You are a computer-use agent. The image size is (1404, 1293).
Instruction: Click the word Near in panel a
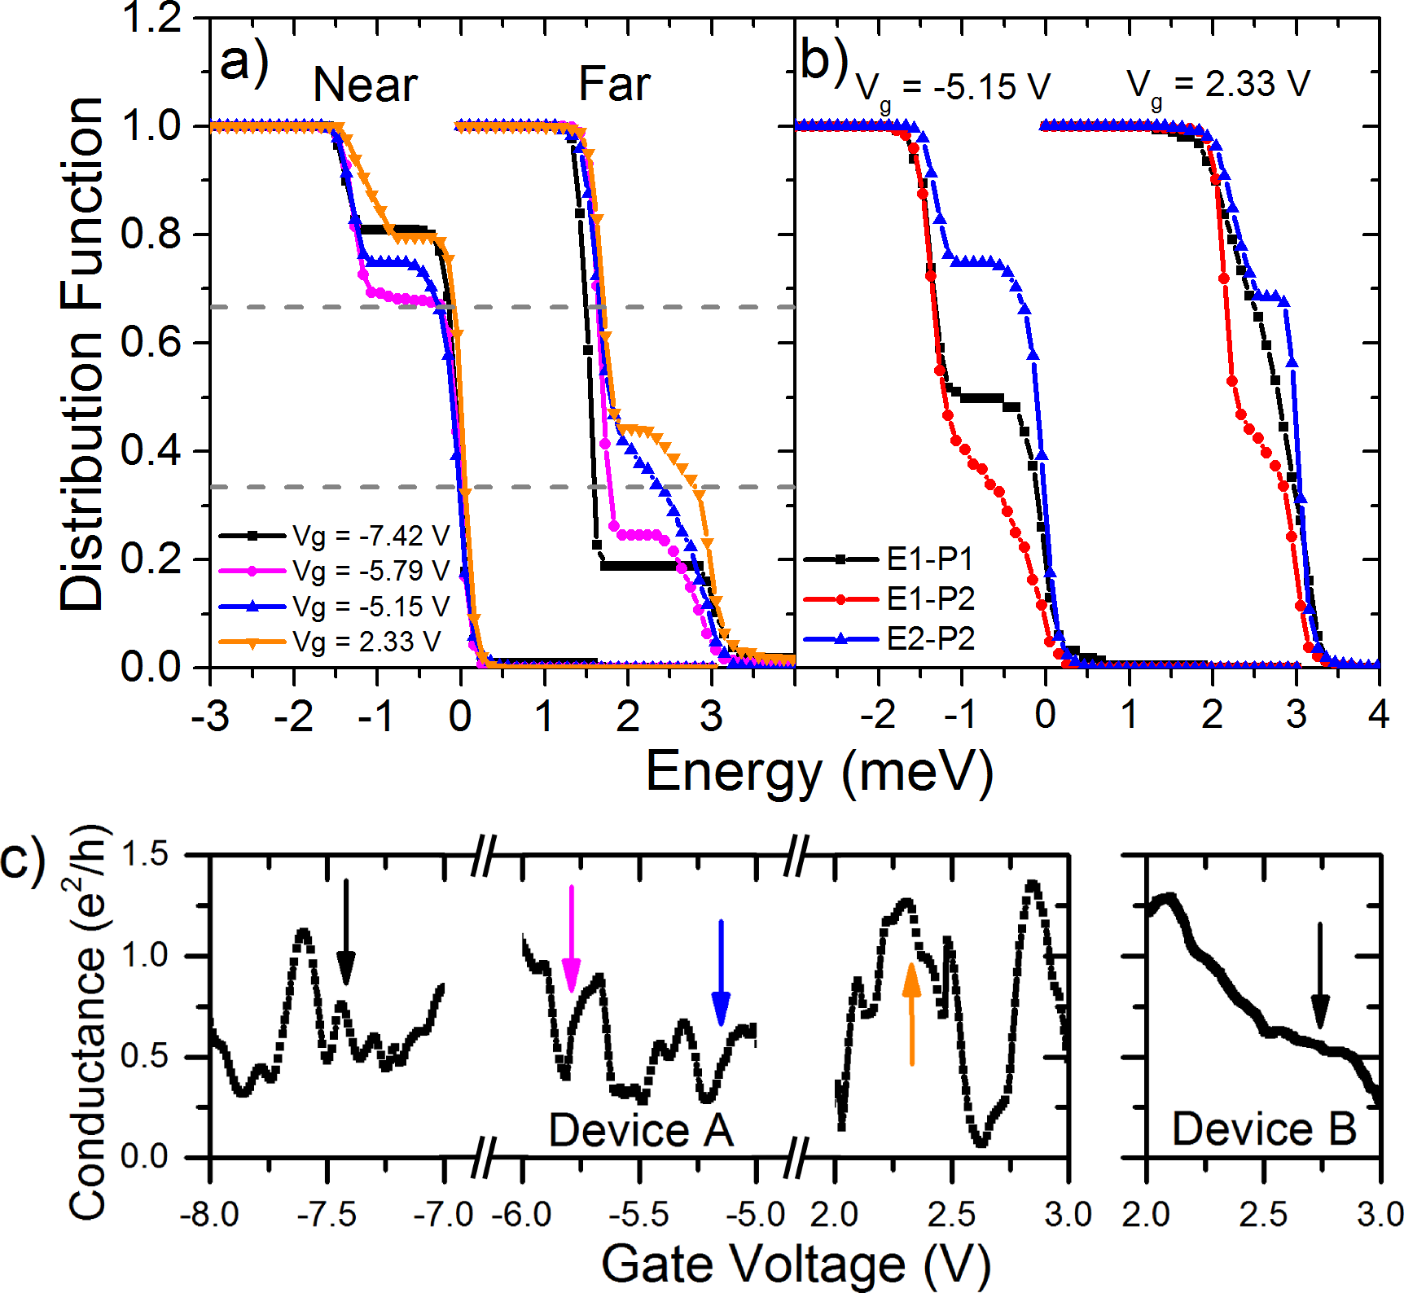tap(365, 85)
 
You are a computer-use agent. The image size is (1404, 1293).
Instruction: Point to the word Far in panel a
tap(614, 85)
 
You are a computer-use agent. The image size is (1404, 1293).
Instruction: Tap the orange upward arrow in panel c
tap(911, 1014)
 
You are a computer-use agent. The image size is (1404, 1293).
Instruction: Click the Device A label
tap(641, 1130)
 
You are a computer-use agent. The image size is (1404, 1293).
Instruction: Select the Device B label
tap(1264, 1129)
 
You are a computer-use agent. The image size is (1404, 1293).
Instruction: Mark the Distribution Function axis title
tap(81, 354)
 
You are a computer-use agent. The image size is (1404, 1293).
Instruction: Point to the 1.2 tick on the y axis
tap(151, 18)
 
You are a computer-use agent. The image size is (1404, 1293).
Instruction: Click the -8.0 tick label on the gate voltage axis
tap(209, 1215)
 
